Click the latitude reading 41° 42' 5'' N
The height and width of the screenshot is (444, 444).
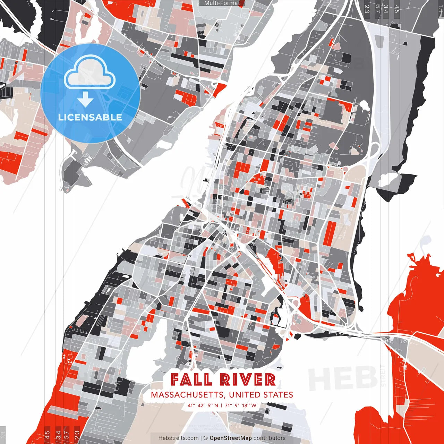click(x=203, y=405)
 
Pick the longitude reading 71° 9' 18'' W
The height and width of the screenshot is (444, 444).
click(x=240, y=405)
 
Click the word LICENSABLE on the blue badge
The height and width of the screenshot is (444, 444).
click(x=90, y=117)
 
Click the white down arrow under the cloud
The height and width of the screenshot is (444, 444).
click(x=85, y=100)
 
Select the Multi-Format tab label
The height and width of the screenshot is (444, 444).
click(x=222, y=3)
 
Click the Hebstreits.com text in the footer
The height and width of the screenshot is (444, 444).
click(x=179, y=438)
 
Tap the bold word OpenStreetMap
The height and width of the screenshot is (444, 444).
click(x=231, y=438)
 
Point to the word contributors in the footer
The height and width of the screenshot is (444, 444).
click(x=270, y=438)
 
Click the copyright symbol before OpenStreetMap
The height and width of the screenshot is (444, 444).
click(x=206, y=438)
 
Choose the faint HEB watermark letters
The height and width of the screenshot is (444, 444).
click(x=342, y=378)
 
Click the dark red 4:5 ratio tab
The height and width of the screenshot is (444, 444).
click(x=47, y=434)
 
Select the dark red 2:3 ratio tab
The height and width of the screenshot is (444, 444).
click(x=77, y=434)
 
